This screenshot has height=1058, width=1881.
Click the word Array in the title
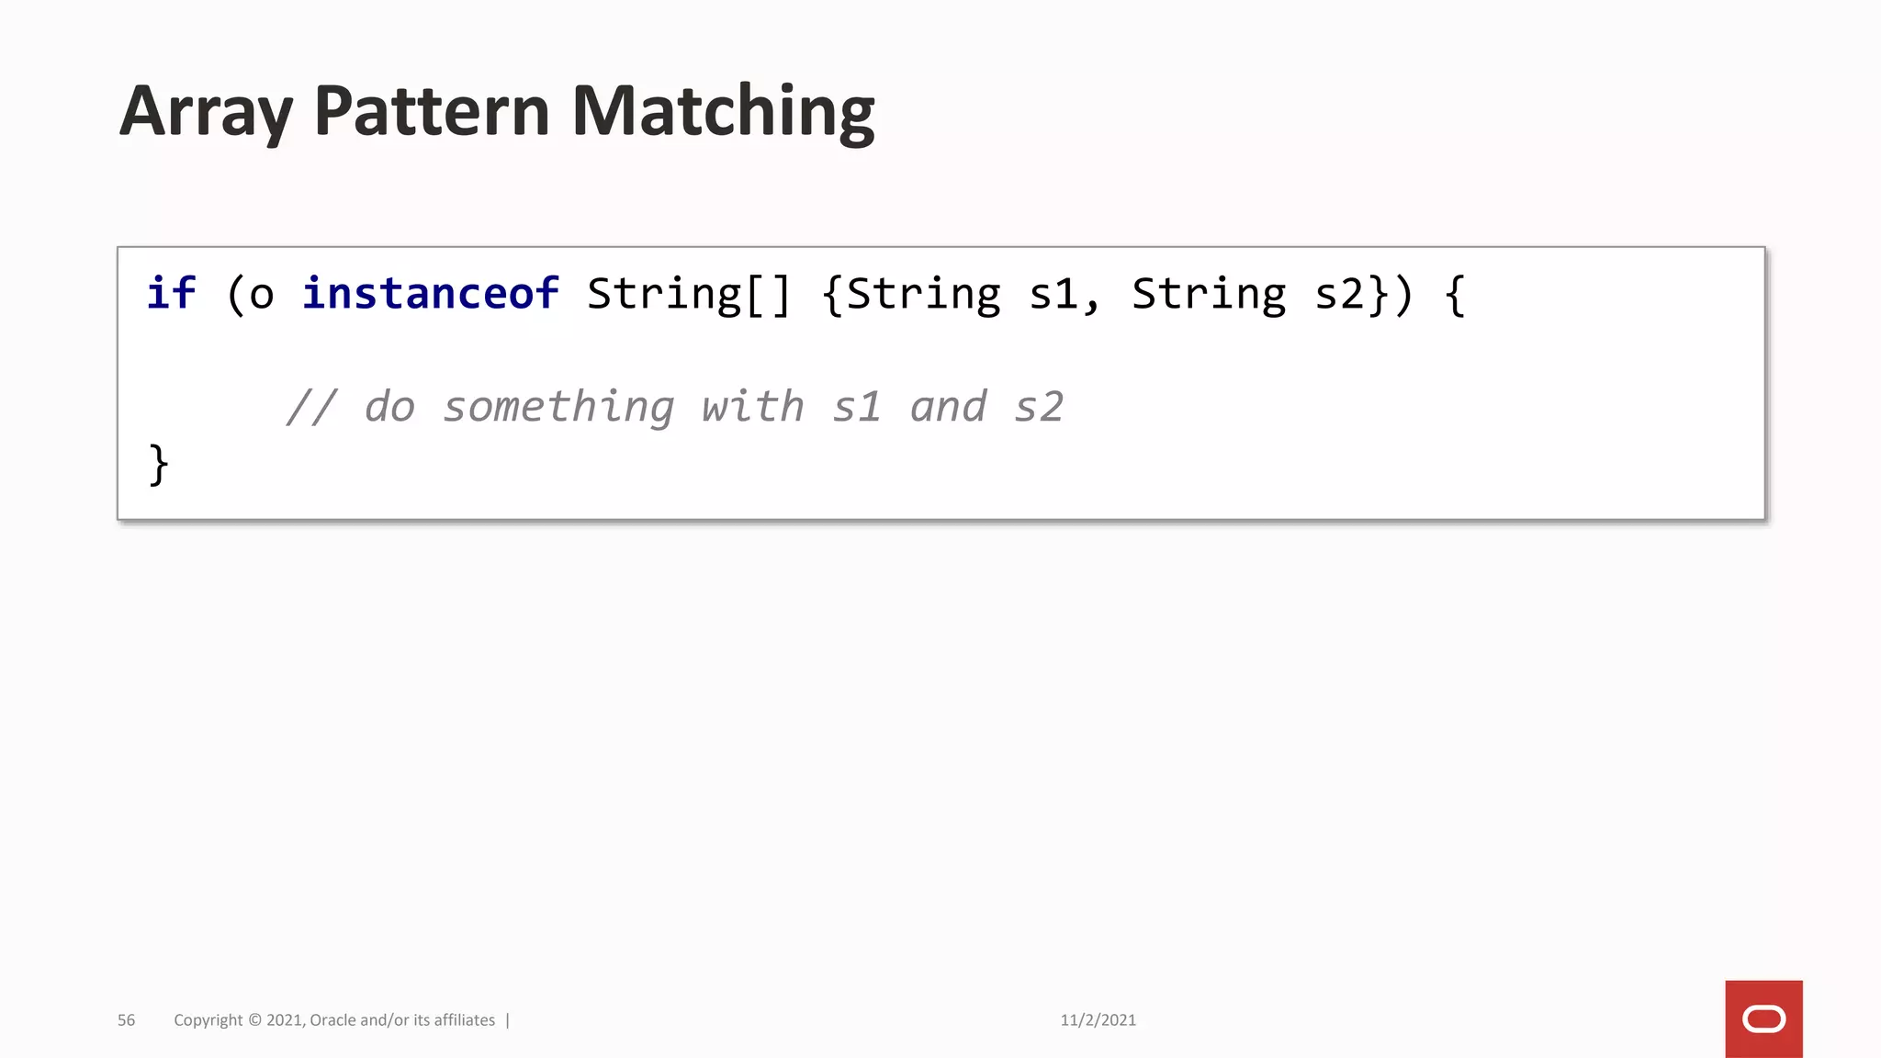[206, 112]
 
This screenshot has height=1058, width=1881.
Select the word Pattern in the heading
[431, 112]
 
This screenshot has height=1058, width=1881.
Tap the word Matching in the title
[723, 112]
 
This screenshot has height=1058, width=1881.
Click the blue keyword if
[171, 294]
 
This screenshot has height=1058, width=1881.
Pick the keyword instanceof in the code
[430, 294]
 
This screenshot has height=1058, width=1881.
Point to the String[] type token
[688, 294]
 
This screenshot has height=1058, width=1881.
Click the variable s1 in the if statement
[1053, 294]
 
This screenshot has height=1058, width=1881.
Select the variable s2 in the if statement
[1339, 294]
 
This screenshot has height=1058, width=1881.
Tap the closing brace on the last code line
[158, 465]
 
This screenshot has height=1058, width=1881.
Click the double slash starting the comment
[311, 407]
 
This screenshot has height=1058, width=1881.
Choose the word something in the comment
[558, 407]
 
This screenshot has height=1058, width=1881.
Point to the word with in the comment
[752, 407]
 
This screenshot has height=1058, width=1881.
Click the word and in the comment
[948, 407]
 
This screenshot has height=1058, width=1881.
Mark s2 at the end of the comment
[1039, 407]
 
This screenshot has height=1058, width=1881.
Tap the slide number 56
[127, 1020]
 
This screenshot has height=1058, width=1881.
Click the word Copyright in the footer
[208, 1020]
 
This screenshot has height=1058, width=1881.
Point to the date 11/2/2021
[1098, 1020]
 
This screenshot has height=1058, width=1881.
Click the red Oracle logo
[1763, 1019]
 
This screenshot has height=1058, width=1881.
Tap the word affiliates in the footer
[465, 1020]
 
